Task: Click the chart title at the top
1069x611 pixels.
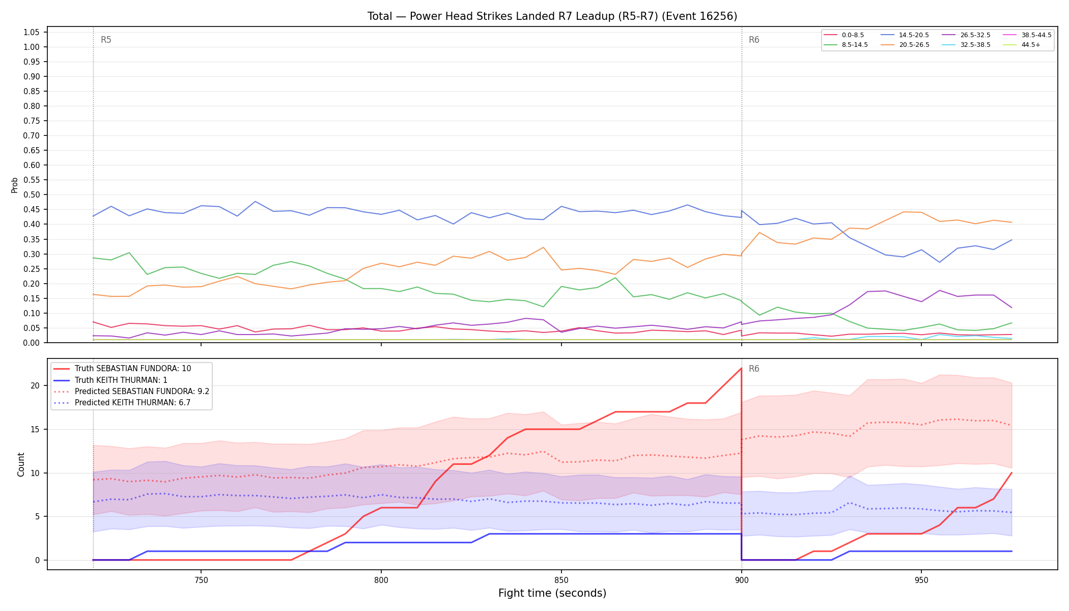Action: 552,16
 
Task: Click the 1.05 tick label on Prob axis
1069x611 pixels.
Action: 32,32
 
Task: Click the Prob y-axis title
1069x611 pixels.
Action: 15,185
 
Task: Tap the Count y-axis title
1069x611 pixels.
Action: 21,464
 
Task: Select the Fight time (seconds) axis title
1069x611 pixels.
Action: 552,593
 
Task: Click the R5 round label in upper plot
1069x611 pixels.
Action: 106,40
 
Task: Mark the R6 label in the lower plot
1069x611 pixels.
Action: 754,369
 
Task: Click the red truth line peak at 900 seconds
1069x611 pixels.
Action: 741,368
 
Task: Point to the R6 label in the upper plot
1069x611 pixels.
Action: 754,40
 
